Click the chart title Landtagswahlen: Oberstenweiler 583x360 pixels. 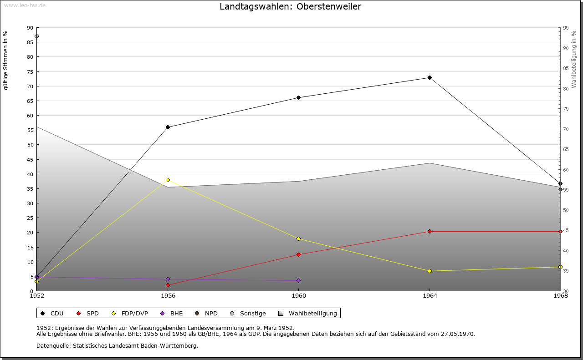point(290,6)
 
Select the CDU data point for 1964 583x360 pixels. point(430,78)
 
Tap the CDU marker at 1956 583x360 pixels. point(168,127)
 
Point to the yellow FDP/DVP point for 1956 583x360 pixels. point(168,180)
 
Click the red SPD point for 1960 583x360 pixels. point(298,255)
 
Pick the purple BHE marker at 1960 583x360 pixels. point(298,281)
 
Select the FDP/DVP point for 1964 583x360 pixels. point(430,271)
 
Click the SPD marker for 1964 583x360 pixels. point(430,232)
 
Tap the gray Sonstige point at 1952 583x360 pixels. point(36,36)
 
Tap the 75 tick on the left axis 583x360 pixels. point(30,72)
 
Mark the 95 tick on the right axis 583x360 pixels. point(566,28)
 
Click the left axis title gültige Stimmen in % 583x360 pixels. point(6,61)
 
